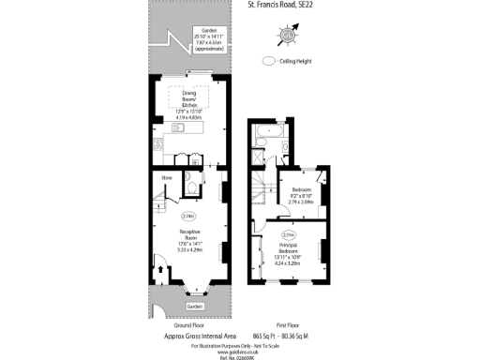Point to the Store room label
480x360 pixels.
pyautogui.click(x=166, y=177)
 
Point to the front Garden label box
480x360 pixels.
pyautogui.click(x=193, y=307)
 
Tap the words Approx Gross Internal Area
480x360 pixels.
pyautogui.click(x=187, y=335)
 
